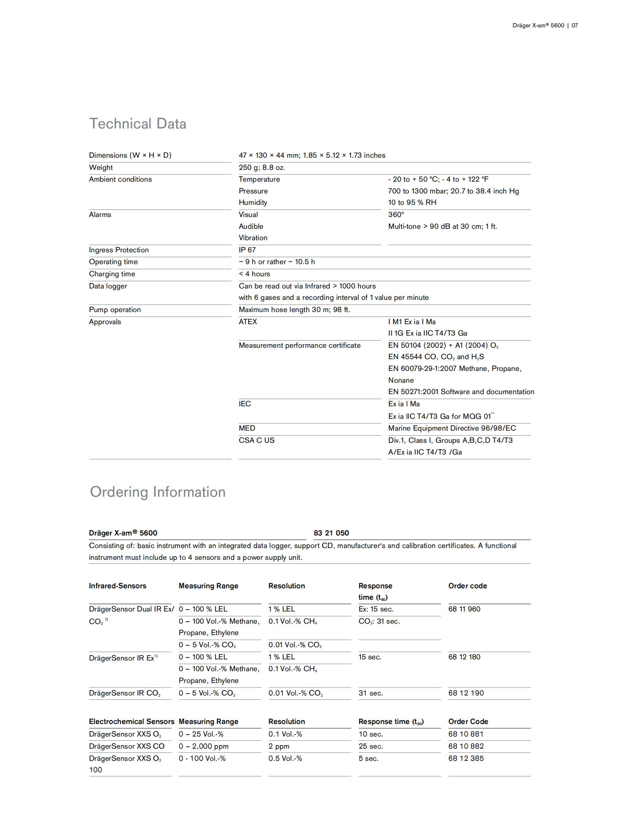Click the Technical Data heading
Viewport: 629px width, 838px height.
138,124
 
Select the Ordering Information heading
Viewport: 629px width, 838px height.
157,492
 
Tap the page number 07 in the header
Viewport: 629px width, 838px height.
575,25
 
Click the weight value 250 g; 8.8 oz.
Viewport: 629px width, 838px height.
262,168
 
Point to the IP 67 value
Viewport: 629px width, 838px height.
247,250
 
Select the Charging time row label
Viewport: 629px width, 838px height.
112,274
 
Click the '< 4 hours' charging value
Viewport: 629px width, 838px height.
254,274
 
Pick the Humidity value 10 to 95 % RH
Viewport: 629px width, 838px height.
412,203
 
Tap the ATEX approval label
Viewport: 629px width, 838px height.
248,322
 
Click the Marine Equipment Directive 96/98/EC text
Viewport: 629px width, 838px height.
452,428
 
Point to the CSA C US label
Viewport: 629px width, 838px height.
257,440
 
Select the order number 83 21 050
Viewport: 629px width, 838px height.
331,533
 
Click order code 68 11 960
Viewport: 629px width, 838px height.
464,609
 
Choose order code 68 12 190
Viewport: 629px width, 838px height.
466,693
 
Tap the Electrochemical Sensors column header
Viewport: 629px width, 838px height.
132,722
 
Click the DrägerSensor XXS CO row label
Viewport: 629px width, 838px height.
127,746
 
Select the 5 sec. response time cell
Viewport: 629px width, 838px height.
368,759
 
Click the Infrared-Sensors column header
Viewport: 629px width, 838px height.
118,586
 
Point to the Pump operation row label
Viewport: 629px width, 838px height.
115,310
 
